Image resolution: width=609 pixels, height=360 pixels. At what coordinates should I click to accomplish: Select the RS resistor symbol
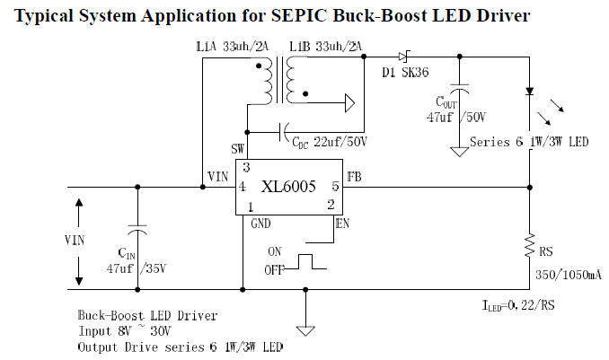coord(530,243)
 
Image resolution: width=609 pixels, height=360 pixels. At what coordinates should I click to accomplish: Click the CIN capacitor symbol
coord(137,224)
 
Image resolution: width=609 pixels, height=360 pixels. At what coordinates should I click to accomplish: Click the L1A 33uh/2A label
coord(228,46)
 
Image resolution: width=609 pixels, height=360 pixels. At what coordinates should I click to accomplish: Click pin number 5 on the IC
coord(334,187)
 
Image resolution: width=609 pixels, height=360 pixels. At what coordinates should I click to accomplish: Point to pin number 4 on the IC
coord(242,187)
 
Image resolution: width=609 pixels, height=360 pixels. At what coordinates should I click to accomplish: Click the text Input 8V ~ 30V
coord(125,331)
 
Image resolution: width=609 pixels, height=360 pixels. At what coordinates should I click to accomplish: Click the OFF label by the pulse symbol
coord(274,268)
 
